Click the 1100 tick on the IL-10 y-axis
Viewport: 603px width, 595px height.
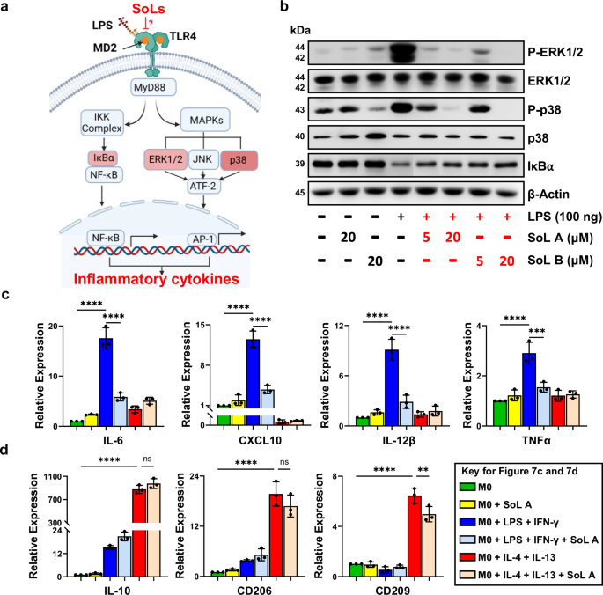52,477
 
